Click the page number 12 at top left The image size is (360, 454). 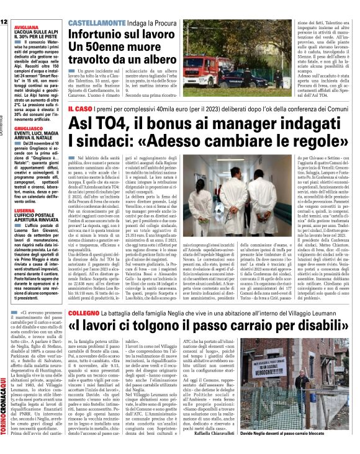click(4, 22)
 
